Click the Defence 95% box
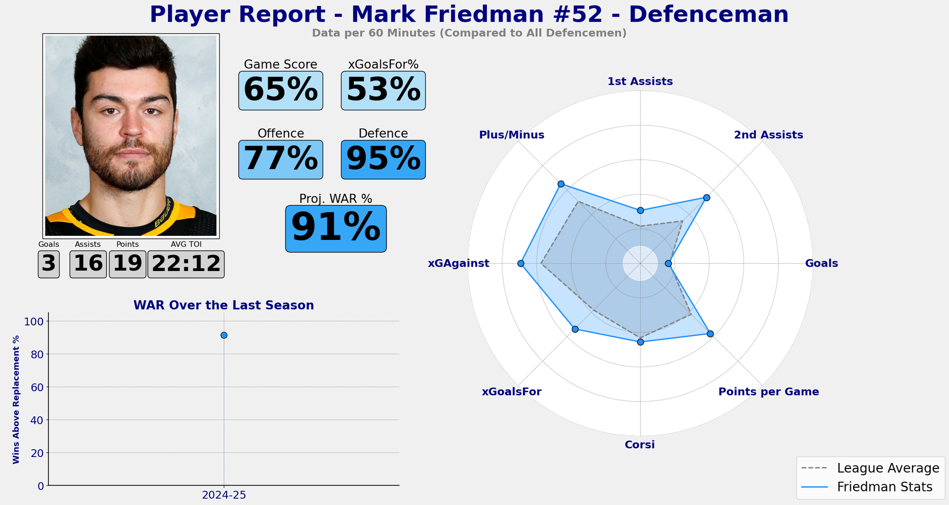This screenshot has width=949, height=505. click(383, 159)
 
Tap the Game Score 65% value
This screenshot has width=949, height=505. click(280, 91)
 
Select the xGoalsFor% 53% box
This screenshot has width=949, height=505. click(383, 91)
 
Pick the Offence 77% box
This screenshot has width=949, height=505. click(280, 159)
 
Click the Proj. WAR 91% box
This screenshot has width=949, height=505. click(336, 229)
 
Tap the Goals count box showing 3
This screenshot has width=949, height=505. click(48, 264)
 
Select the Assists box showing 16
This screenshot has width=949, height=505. click(88, 264)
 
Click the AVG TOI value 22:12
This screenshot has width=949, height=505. click(186, 264)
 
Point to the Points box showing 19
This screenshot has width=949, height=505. click(128, 264)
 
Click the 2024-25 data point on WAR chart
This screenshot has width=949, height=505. click(224, 335)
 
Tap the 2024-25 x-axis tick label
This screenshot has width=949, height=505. click(224, 495)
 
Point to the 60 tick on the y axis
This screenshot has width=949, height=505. click(38, 387)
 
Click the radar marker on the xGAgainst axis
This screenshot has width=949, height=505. click(520, 264)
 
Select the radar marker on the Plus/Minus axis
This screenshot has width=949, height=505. click(561, 184)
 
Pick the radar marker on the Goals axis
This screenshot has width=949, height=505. click(668, 264)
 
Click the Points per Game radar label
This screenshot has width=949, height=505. click(768, 392)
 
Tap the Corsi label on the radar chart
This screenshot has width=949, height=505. click(640, 445)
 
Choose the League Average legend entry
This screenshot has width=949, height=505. click(870, 468)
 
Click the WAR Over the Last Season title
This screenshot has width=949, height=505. click(223, 306)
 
